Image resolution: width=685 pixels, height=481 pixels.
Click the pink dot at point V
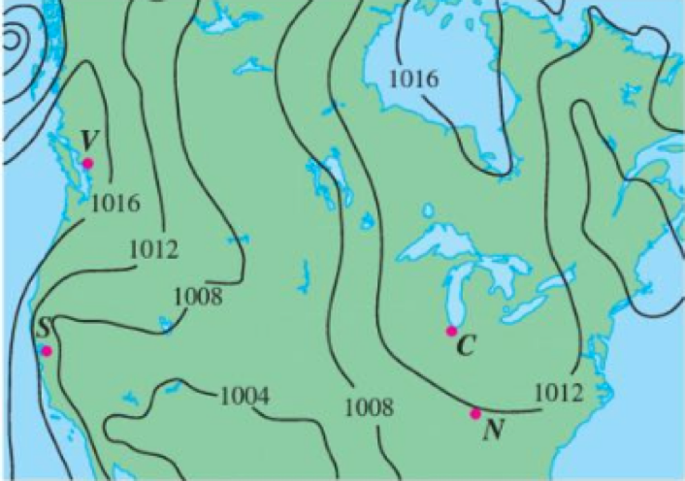(x=87, y=163)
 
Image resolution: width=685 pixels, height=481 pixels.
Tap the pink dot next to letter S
(x=47, y=350)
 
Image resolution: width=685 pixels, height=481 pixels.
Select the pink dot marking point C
(x=451, y=332)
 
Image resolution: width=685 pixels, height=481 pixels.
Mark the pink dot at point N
(x=475, y=414)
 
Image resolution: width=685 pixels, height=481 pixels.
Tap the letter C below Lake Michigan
(x=465, y=346)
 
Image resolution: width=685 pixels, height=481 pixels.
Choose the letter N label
(x=493, y=430)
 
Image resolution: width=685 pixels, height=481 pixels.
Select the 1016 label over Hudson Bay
(x=413, y=80)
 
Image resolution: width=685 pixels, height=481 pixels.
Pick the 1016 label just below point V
(x=116, y=205)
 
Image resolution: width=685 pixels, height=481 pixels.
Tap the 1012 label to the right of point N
(x=559, y=393)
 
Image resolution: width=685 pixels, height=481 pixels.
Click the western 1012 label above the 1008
(x=153, y=251)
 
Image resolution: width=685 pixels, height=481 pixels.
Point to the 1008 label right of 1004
(x=369, y=407)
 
